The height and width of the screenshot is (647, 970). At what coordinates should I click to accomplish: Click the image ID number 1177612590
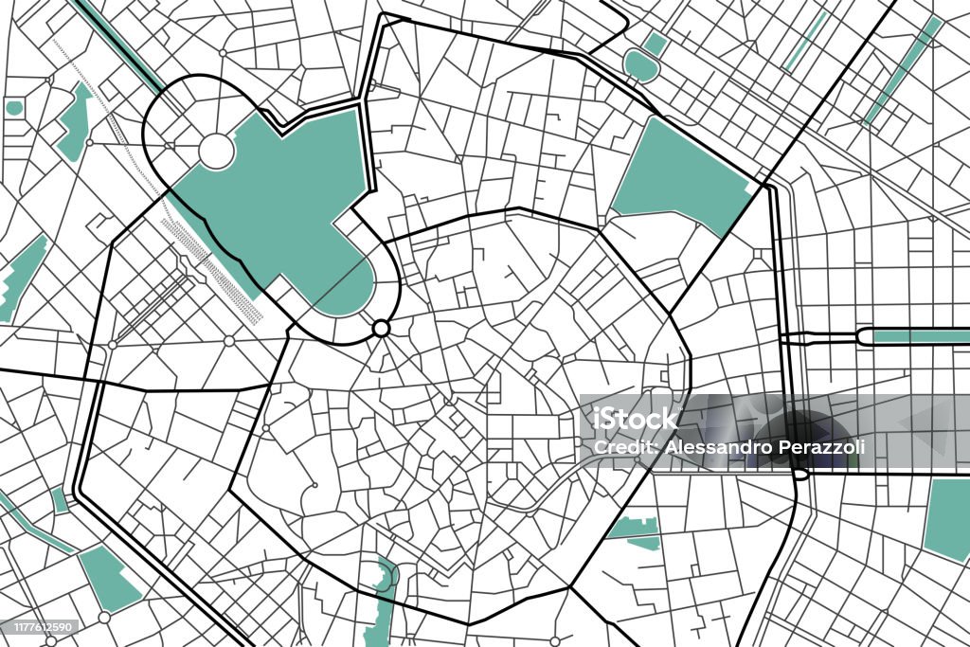coord(41,626)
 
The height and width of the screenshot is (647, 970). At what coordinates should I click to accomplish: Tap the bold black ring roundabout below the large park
coord(382,328)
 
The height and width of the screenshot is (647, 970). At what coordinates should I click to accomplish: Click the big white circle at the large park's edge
coord(216,151)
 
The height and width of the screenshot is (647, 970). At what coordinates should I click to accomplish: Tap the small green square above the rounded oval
coord(655,43)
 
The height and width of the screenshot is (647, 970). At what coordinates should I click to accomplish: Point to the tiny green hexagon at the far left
coord(13,108)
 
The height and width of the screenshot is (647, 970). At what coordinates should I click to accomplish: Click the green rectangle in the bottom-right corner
coord(947,519)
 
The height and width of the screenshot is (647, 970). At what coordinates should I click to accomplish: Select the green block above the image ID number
coord(108,577)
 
